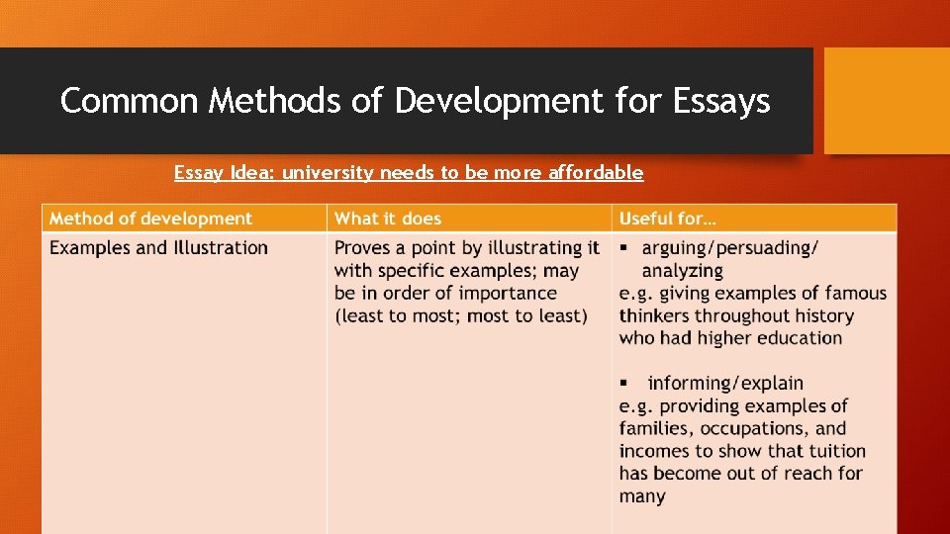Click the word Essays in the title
point(721,101)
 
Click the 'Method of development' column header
point(150,219)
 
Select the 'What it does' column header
point(388,219)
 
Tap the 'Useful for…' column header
point(668,219)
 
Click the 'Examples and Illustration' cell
point(158,247)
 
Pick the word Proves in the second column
point(363,247)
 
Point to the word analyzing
point(682,270)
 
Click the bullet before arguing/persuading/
point(624,247)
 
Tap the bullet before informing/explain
point(624,383)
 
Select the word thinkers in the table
point(658,315)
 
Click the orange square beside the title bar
point(887,101)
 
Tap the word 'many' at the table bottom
point(642,496)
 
